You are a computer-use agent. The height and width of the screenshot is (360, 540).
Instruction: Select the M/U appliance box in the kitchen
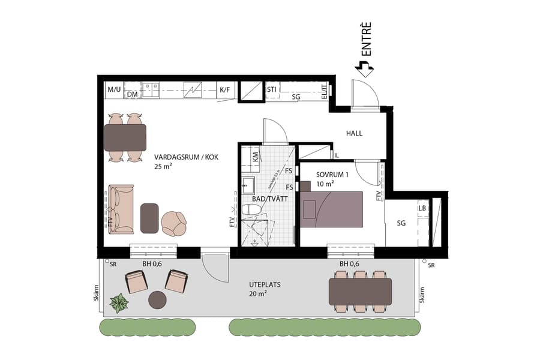pyautogui.click(x=114, y=90)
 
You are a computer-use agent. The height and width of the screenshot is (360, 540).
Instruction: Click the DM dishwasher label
pyautogui.click(x=132, y=95)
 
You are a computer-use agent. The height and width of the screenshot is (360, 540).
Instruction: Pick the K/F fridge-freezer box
pyautogui.click(x=225, y=91)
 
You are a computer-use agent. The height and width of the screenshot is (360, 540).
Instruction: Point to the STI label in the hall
pyautogui.click(x=272, y=90)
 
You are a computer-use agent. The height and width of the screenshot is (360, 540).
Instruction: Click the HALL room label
pyautogui.click(x=354, y=133)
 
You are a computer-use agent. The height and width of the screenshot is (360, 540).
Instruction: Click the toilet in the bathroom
pyautogui.click(x=252, y=209)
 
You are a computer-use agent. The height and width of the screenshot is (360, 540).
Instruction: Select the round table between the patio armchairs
pyautogui.click(x=157, y=299)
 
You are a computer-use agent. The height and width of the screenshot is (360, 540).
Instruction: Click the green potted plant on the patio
pyautogui.click(x=119, y=303)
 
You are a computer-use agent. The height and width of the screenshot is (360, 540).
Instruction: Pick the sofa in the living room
pyautogui.click(x=121, y=209)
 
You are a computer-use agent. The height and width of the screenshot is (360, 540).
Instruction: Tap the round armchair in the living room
pyautogui.click(x=174, y=223)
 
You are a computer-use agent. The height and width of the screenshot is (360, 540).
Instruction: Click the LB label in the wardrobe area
pyautogui.click(x=422, y=208)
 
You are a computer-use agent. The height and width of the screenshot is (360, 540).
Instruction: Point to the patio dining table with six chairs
pyautogui.click(x=360, y=291)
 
